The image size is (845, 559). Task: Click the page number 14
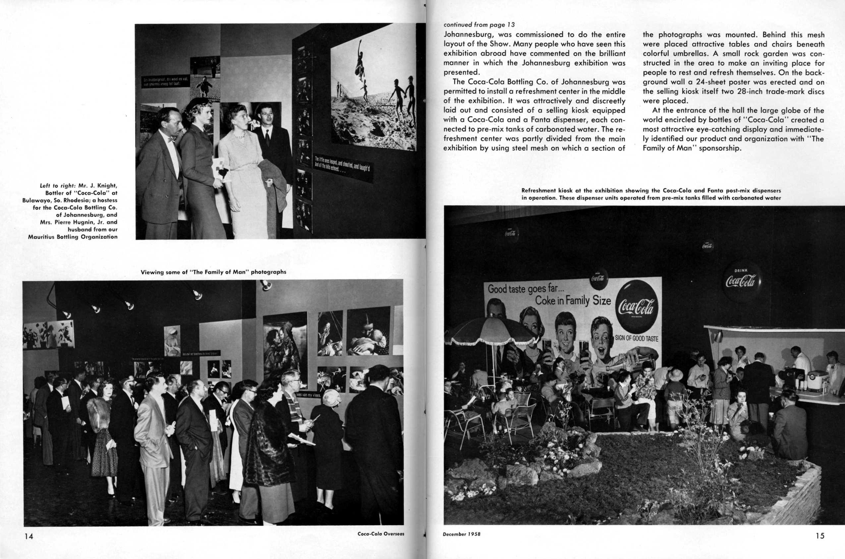(28, 536)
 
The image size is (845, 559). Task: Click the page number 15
(820, 535)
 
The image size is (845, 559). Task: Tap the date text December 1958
(461, 534)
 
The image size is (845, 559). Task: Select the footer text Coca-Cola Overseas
(381, 534)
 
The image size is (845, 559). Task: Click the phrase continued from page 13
(479, 25)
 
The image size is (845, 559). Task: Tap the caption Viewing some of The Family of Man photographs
(213, 272)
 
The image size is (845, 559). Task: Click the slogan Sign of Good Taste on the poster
(637, 338)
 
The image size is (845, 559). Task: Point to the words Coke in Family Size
(573, 301)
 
